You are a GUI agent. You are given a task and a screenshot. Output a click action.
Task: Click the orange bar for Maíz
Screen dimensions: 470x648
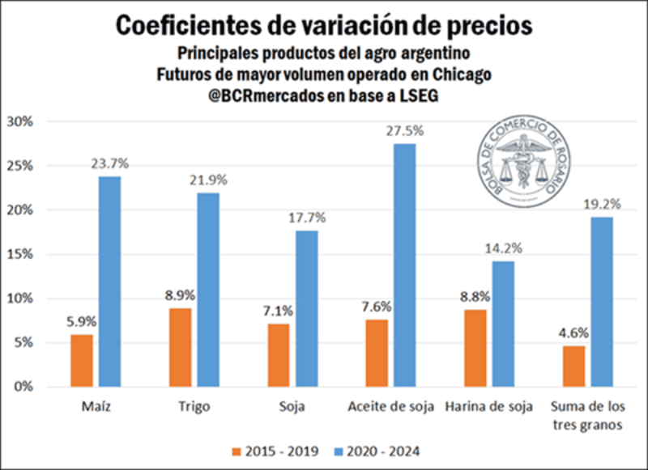pyautogui.click(x=82, y=360)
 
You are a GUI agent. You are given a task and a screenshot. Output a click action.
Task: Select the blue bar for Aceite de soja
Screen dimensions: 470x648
pyautogui.click(x=404, y=265)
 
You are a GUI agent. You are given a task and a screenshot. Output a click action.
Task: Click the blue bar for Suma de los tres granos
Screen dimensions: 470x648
pyautogui.click(x=602, y=302)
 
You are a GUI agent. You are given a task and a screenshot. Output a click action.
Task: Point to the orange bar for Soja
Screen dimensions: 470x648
pyautogui.click(x=279, y=355)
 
